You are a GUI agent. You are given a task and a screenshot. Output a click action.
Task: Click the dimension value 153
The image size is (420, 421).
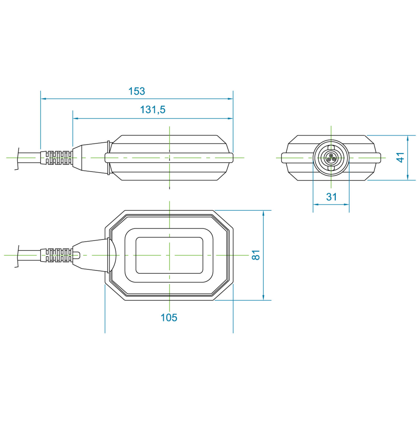pyautogui.click(x=137, y=91)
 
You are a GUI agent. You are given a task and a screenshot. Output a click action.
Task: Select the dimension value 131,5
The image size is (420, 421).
pyautogui.click(x=153, y=109)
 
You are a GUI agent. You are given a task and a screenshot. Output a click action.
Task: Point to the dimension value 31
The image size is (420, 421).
pyautogui.click(x=331, y=197)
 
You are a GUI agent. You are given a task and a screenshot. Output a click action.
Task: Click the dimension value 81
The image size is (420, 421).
pyautogui.click(x=256, y=255)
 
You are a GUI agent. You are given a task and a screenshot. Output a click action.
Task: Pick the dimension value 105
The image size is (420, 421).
pyautogui.click(x=169, y=317)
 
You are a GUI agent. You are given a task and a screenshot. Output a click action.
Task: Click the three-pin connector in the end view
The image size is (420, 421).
pyautogui.click(x=331, y=158)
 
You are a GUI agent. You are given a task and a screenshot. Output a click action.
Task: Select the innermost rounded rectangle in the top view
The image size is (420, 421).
pyautogui.click(x=169, y=255)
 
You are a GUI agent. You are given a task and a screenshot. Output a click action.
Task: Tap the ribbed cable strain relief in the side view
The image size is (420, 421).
pyautogui.click(x=57, y=158)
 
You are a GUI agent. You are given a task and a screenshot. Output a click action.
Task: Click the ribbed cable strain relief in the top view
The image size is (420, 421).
pyautogui.click(x=57, y=255)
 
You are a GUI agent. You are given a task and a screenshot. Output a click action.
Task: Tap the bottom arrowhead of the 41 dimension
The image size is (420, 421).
pyautogui.click(x=408, y=177)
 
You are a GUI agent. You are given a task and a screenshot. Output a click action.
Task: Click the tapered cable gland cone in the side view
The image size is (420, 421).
pyautogui.click(x=90, y=158)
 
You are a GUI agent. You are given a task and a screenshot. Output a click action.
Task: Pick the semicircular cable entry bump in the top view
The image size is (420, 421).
pyautogui.click(x=112, y=255)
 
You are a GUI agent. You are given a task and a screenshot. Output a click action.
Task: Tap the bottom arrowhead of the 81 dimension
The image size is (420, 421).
pyautogui.click(x=263, y=297)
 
